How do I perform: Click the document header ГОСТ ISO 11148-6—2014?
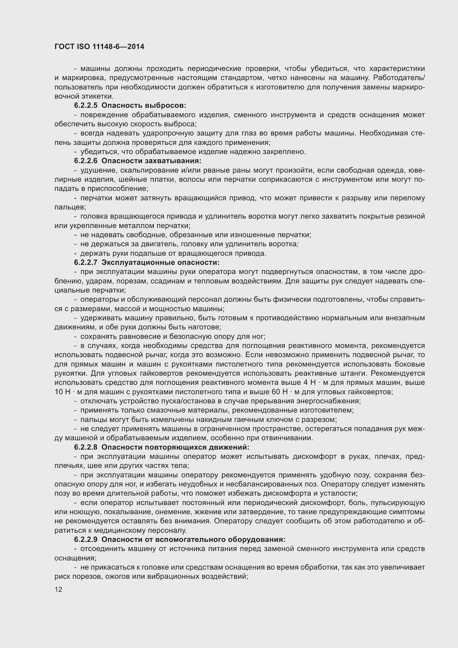click(99, 47)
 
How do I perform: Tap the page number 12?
click(58, 589)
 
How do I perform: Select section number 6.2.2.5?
click(86, 106)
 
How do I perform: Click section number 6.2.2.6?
click(86, 161)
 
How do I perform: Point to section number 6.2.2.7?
click(86, 262)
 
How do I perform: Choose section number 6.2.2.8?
click(86, 447)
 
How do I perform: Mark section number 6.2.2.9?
click(86, 540)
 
